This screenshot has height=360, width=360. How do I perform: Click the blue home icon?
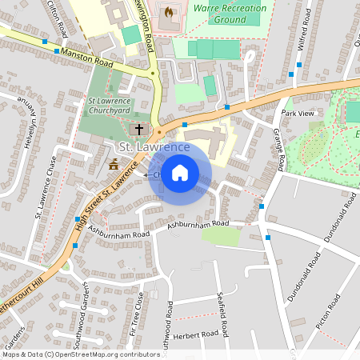pos(180,173)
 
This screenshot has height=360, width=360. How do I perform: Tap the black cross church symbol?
pos(138,128)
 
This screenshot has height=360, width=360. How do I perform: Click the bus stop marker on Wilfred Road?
pos(291,74)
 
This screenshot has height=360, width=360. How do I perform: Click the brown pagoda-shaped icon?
pos(113,166)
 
